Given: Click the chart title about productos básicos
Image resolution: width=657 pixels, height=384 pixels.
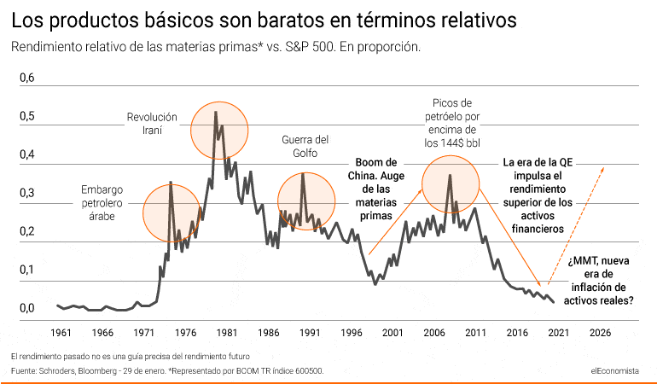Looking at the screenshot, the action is [x=264, y=20].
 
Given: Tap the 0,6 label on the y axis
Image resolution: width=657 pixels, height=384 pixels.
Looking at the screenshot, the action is [x=26, y=78].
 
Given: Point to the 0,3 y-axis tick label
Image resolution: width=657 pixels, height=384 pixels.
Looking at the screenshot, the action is [x=26, y=193].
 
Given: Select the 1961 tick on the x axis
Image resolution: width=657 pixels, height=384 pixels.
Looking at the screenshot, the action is [x=61, y=333].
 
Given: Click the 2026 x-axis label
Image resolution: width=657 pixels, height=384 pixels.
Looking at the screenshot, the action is [x=600, y=333].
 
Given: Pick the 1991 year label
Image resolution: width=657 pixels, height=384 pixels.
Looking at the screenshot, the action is [x=310, y=333].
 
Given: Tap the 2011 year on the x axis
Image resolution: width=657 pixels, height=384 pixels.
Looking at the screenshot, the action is [x=475, y=333].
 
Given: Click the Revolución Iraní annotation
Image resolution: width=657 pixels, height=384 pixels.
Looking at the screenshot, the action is [x=152, y=123].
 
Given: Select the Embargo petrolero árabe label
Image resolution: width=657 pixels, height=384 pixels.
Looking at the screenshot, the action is [x=102, y=203].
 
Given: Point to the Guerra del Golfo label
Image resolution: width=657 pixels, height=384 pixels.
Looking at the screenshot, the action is [x=305, y=146].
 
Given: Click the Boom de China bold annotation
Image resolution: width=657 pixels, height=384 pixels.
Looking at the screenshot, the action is [x=376, y=189].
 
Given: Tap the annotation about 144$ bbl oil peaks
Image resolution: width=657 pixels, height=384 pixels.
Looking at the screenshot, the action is [x=451, y=123].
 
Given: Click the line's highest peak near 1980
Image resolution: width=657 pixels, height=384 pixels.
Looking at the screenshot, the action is [x=215, y=113].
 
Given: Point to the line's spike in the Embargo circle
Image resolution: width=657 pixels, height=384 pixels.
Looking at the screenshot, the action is [x=171, y=183].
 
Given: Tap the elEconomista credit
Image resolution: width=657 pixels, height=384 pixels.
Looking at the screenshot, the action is [x=614, y=370].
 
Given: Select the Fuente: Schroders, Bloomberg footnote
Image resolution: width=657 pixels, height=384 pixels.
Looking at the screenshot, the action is [x=167, y=370].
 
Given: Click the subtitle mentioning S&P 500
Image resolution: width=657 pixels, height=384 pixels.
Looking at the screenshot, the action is [x=216, y=47].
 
